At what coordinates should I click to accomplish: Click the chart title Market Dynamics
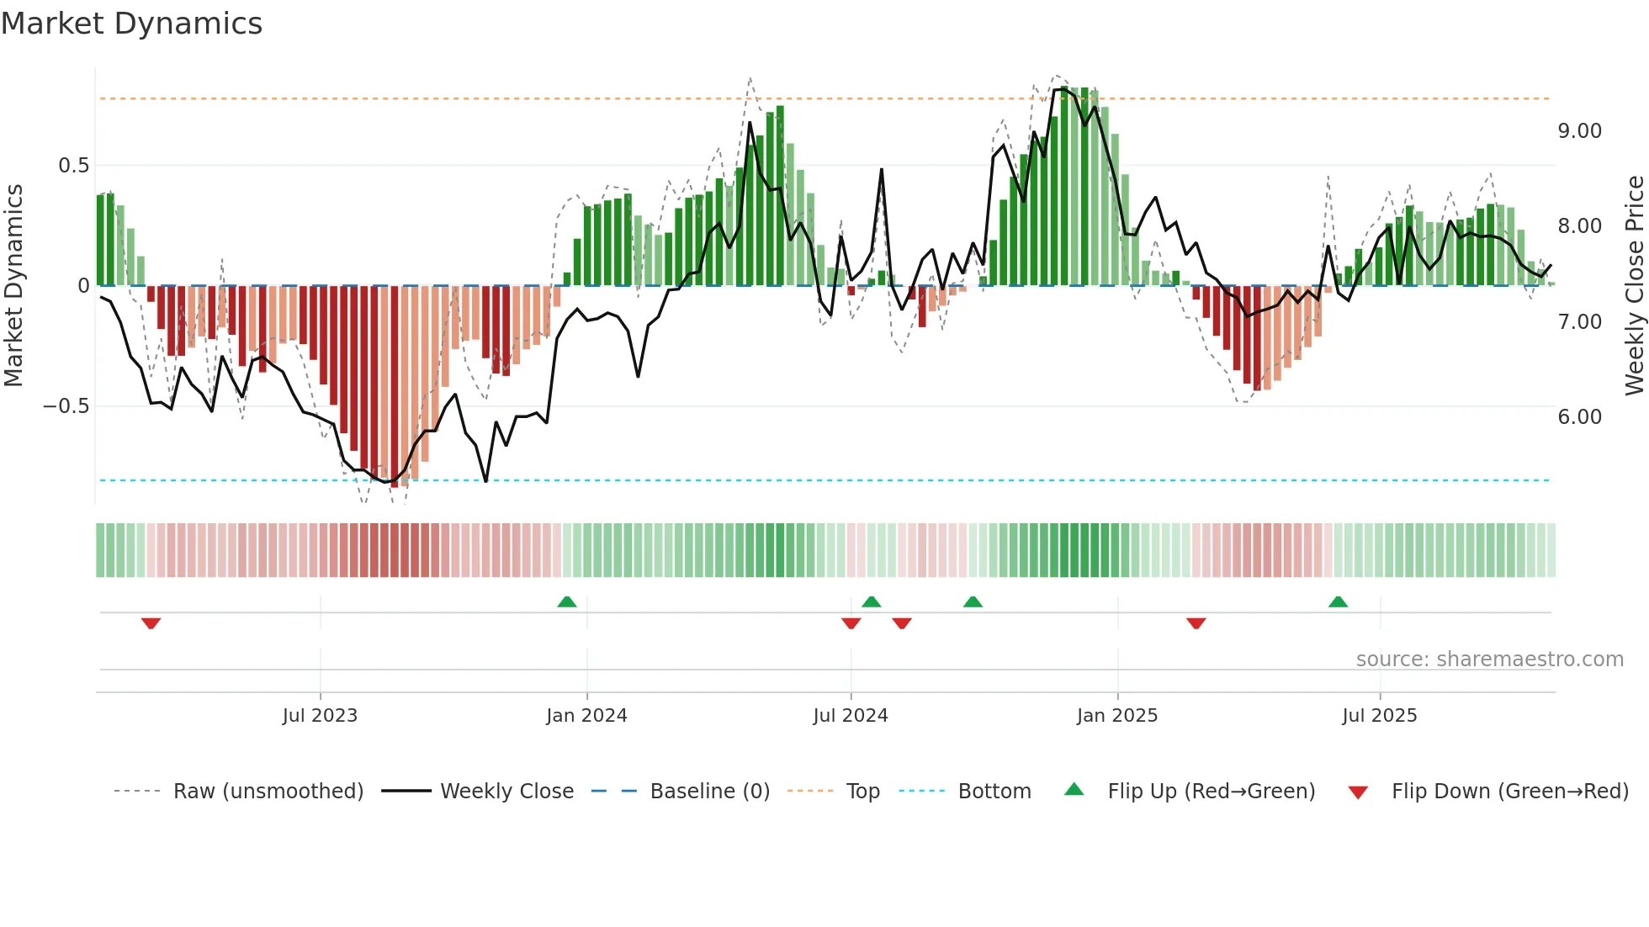(x=131, y=24)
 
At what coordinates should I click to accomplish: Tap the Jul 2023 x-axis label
(x=320, y=716)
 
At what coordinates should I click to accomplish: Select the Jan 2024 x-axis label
(x=586, y=716)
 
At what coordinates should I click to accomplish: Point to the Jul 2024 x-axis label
(x=850, y=716)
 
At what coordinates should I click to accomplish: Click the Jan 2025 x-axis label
(x=1116, y=716)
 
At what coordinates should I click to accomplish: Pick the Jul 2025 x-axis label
(x=1379, y=716)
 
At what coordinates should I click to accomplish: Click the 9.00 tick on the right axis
(x=1579, y=131)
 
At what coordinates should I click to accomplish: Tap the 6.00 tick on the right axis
(x=1579, y=417)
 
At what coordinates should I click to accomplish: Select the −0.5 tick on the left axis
(x=66, y=406)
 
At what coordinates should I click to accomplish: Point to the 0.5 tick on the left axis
(x=73, y=166)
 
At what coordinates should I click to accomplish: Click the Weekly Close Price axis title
(x=1634, y=285)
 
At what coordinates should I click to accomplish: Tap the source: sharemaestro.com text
(x=1489, y=659)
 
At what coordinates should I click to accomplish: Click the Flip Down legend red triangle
(x=1357, y=792)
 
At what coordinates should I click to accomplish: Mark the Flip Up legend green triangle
(x=1074, y=789)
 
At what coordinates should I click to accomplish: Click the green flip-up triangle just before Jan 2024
(x=567, y=602)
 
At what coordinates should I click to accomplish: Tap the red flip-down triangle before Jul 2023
(x=151, y=623)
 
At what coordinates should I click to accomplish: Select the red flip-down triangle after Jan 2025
(x=1196, y=623)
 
